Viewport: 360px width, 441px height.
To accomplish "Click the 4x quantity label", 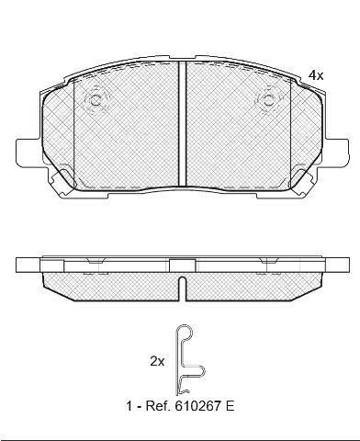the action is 316,75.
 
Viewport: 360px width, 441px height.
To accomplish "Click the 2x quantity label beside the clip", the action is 157,362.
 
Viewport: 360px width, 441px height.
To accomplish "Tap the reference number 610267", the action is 197,406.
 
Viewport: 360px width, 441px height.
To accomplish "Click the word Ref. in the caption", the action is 156,406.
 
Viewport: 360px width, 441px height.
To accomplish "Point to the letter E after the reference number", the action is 230,406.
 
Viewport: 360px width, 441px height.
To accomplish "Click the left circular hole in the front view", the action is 96,100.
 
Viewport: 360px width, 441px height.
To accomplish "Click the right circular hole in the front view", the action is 268,99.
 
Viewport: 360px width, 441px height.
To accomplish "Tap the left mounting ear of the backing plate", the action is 28,153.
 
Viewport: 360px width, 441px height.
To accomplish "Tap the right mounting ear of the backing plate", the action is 336,153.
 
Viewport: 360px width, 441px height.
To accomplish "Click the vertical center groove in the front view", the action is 182,124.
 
